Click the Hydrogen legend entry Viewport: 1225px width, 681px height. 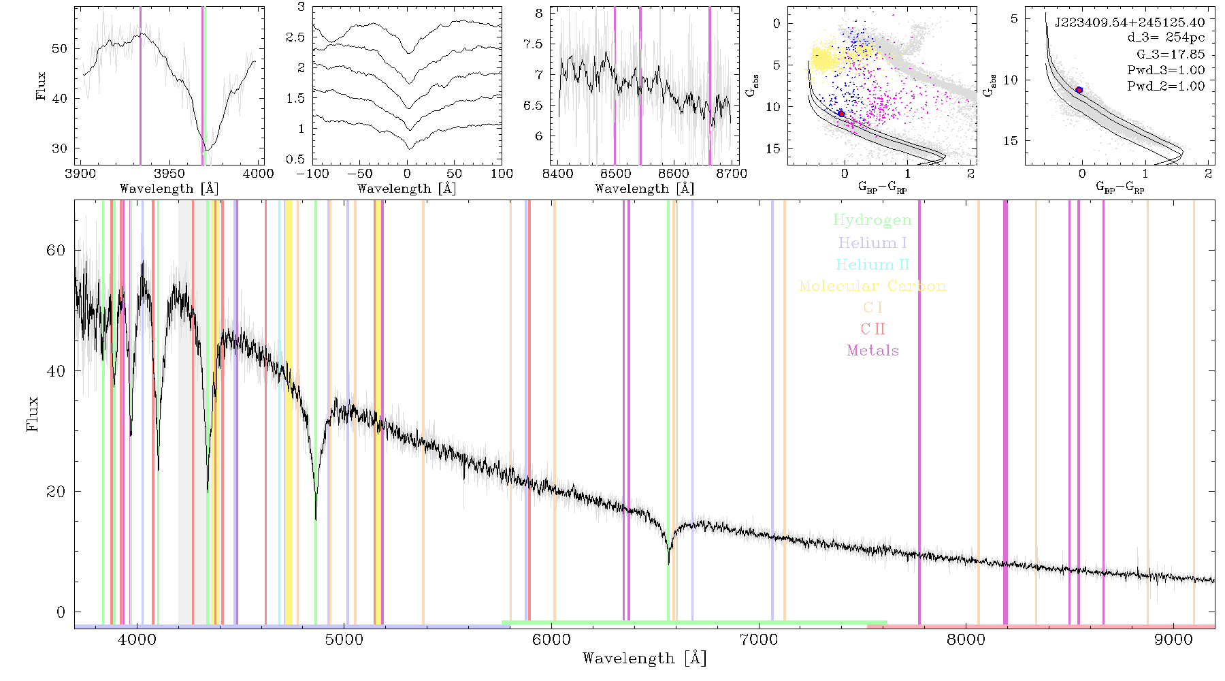click(x=872, y=220)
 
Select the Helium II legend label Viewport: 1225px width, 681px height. click(x=872, y=264)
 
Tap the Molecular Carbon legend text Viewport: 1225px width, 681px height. click(x=872, y=286)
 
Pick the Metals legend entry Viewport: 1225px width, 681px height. click(x=872, y=350)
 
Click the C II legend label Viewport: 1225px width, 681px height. click(x=872, y=329)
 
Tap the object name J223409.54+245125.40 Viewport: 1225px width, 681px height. click(x=1130, y=22)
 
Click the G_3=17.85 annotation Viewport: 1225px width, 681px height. click(x=1171, y=54)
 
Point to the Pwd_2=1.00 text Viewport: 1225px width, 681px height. click(x=1166, y=86)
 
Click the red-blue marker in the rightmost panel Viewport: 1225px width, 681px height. click(x=1079, y=90)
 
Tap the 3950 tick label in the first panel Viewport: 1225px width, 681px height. click(x=169, y=174)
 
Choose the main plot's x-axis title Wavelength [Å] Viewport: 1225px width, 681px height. click(x=644, y=659)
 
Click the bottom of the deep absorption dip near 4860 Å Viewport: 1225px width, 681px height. click(x=316, y=520)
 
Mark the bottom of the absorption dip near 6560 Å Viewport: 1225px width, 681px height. click(x=669, y=563)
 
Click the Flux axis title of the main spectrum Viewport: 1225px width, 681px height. click(x=32, y=413)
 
